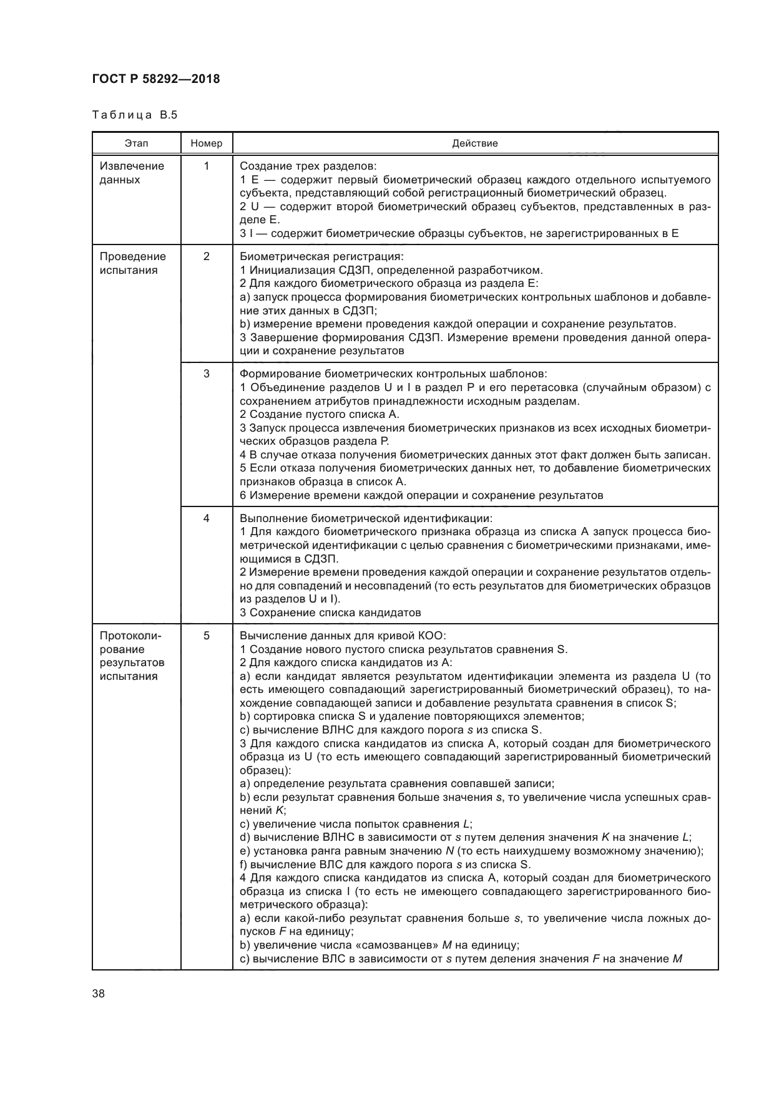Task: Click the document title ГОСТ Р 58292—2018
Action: coord(155,79)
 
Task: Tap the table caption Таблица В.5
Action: coord(134,115)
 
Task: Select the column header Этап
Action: coord(136,143)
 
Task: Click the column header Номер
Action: coord(206,143)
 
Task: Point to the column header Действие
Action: coord(474,143)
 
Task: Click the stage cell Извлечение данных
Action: coord(132,173)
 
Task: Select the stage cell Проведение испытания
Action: coord(132,263)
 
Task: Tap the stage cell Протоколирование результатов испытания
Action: coord(132,656)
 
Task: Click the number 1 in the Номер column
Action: coord(206,166)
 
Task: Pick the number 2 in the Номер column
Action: coord(206,256)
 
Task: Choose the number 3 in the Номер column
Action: coord(206,374)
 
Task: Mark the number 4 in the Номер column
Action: coord(206,518)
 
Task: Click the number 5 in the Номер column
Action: coord(206,636)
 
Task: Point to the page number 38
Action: coord(98,994)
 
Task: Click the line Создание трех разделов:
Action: coord(308,166)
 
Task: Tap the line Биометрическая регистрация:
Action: coord(321,256)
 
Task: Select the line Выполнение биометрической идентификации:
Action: coord(366,518)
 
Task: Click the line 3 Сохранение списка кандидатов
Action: coord(330,612)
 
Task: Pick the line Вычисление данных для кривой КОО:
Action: coord(343,636)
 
